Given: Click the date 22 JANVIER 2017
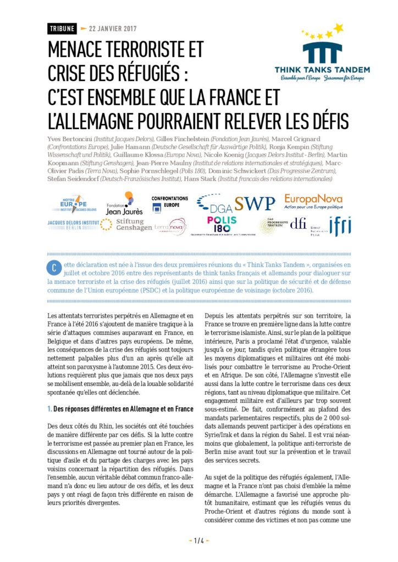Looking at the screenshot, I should (113, 29).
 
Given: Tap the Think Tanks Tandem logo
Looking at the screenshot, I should (322, 53).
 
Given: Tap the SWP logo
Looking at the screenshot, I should (255, 204).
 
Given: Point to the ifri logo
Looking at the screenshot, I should (340, 226).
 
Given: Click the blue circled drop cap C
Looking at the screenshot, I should (54, 267).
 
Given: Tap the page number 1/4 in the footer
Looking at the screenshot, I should (199, 541).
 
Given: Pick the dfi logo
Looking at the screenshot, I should (298, 224).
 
